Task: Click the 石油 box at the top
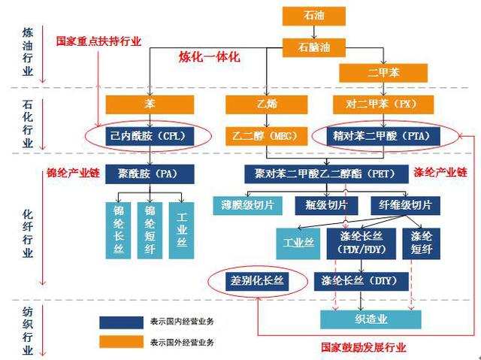point(314,16)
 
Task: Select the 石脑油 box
point(314,47)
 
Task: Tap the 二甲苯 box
point(383,73)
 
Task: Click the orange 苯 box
point(150,104)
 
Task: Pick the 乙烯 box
point(267,104)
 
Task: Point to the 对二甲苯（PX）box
point(383,104)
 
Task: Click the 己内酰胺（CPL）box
point(150,136)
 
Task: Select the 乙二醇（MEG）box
point(267,136)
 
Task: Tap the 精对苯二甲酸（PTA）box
point(383,136)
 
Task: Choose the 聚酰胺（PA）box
point(150,174)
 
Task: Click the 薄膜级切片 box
point(247,205)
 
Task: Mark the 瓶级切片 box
point(326,205)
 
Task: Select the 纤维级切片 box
point(405,205)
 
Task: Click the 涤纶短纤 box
point(421,244)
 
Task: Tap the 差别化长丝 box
point(257,282)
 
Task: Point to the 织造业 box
point(371,319)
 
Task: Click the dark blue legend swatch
point(121,322)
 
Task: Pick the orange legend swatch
point(121,342)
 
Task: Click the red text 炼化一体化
point(210,57)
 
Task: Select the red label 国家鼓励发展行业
point(364,347)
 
